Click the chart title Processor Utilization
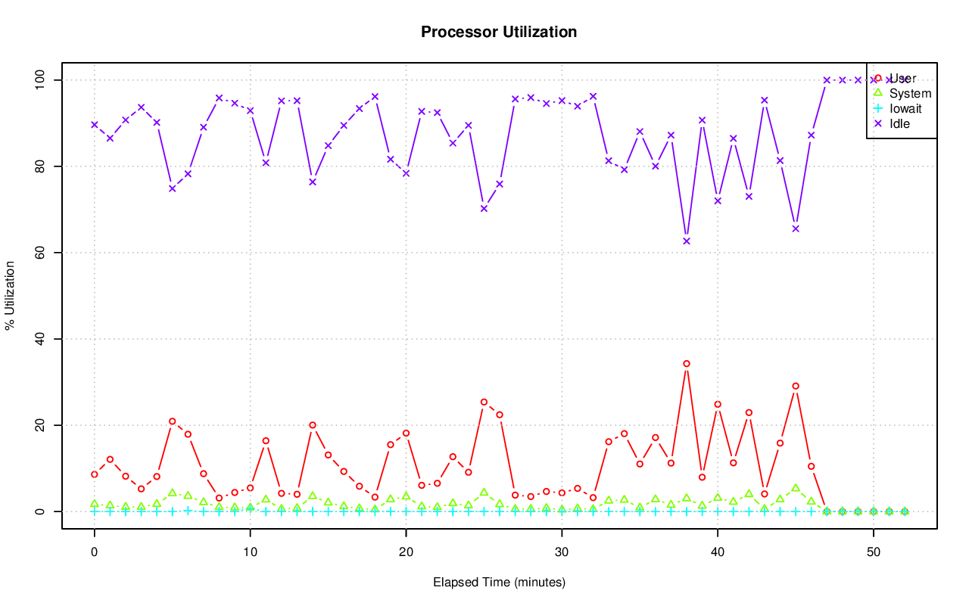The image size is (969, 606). point(499,32)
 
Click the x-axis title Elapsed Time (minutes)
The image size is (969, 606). point(499,583)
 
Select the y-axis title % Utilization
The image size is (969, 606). point(10,296)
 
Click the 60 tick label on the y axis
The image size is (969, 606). point(40,252)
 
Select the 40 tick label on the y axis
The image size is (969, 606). point(40,339)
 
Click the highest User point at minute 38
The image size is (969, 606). point(687,364)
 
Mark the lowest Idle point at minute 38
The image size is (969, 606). point(687,241)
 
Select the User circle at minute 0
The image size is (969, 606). point(95,474)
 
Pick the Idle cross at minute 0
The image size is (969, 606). point(95,125)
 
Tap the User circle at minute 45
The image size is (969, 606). point(796,386)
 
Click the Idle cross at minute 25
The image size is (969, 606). point(484,209)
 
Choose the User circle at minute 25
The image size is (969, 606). point(484,402)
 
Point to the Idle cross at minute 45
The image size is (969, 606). point(796,228)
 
